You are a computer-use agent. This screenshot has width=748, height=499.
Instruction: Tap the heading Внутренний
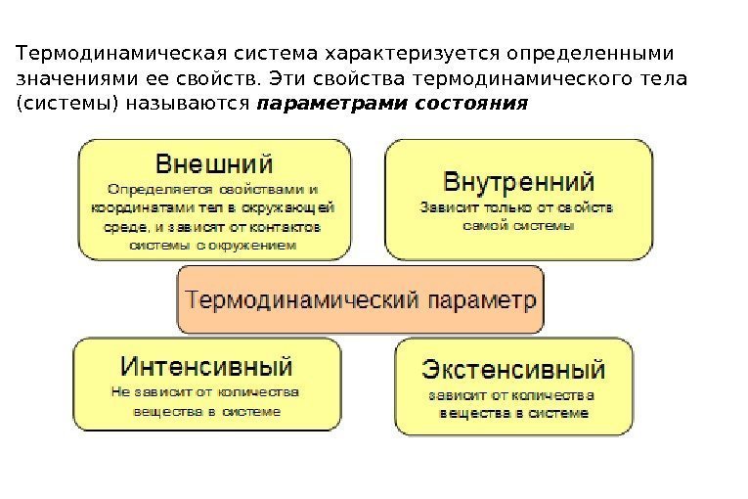click(519, 182)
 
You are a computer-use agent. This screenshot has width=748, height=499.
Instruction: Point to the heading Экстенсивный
click(513, 370)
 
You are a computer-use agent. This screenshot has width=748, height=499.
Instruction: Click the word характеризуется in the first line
click(414, 50)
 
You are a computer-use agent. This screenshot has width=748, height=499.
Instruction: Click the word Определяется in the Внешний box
click(146, 188)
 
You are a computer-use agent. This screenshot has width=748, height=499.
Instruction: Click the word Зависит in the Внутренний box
click(442, 207)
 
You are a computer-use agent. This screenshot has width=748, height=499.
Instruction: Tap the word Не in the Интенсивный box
click(120, 392)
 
